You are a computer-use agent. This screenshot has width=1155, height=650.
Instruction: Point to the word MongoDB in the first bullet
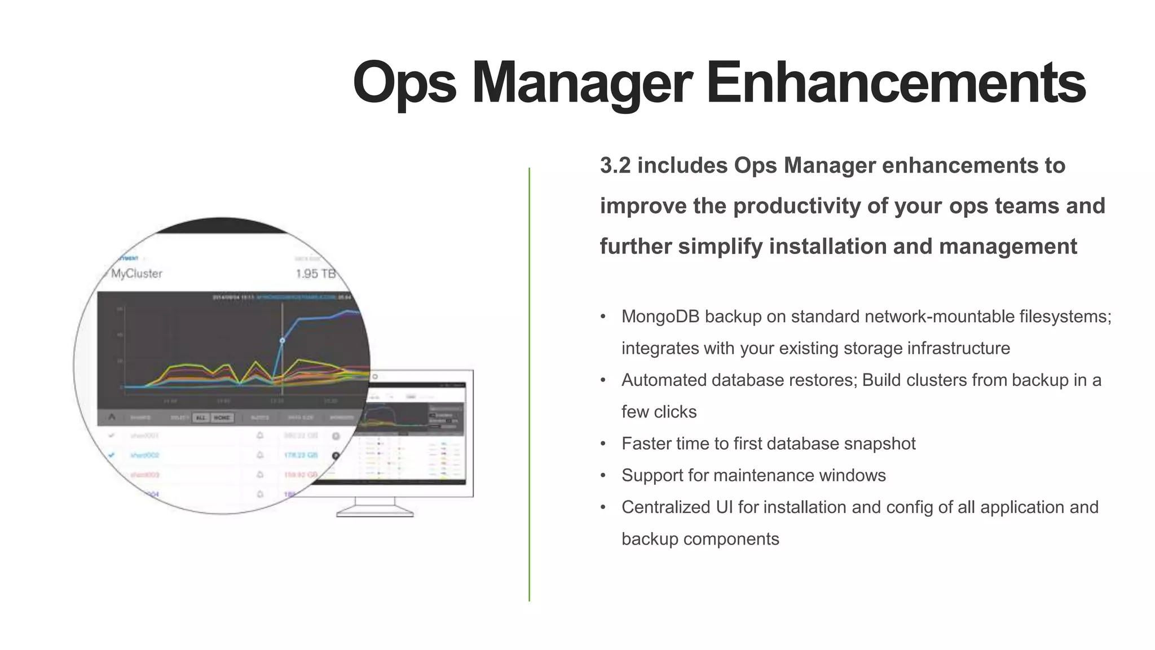click(660, 317)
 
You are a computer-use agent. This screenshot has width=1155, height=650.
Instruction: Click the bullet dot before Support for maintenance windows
click(603, 476)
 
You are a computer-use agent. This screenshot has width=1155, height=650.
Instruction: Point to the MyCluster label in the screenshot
click(136, 274)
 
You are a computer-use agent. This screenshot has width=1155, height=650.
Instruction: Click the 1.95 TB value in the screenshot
click(315, 274)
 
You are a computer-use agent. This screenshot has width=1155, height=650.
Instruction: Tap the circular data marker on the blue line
click(283, 340)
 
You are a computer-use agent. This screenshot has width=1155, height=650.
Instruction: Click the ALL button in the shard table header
click(201, 418)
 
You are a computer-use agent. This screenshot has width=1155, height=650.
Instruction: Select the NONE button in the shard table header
click(222, 418)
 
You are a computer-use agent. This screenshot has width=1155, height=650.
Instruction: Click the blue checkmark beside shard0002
click(112, 455)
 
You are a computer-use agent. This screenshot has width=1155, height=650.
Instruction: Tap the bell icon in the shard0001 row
click(260, 435)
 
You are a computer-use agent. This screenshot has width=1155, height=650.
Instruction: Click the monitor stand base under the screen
click(375, 512)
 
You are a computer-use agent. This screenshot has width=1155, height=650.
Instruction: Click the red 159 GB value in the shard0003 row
click(300, 475)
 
